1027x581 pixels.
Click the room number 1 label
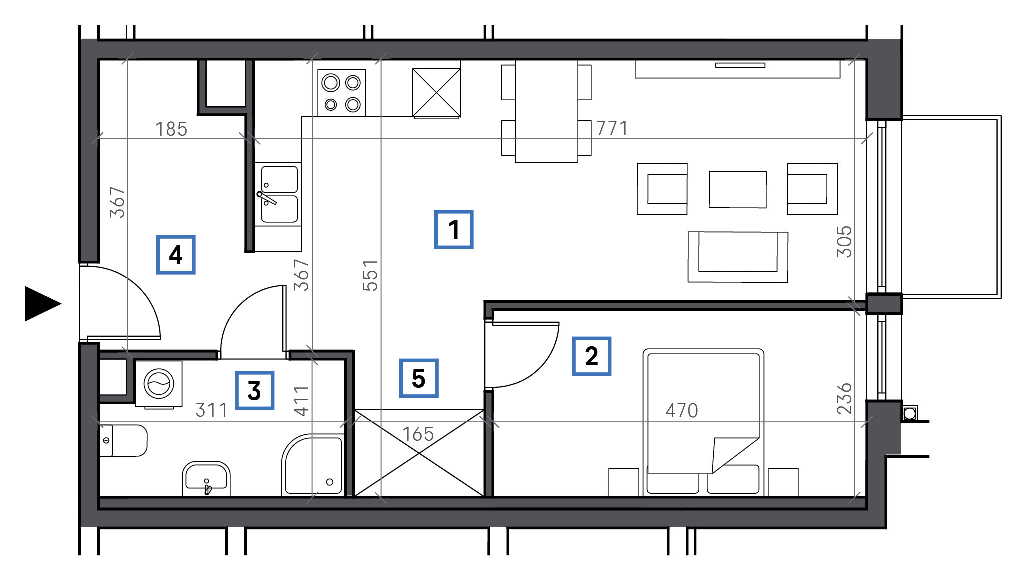(x=453, y=230)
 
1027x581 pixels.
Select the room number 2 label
(x=591, y=356)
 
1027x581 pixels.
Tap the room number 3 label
(x=254, y=391)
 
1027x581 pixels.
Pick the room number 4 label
(x=175, y=255)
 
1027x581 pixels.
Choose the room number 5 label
(x=419, y=378)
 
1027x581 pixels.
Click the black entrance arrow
(x=43, y=304)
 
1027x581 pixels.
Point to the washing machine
(x=159, y=384)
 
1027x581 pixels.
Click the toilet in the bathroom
(x=123, y=441)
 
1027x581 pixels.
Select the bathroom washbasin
(x=206, y=479)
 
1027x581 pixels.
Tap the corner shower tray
(x=313, y=465)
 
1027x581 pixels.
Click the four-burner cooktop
(x=341, y=93)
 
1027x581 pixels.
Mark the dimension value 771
(x=612, y=128)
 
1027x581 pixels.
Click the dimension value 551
(x=370, y=275)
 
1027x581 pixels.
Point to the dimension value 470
(x=682, y=411)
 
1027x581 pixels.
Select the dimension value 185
(x=171, y=129)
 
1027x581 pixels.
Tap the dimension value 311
(x=211, y=410)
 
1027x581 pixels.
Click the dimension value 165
(x=418, y=434)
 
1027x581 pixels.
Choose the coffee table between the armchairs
(x=738, y=189)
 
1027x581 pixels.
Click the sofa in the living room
(x=738, y=257)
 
